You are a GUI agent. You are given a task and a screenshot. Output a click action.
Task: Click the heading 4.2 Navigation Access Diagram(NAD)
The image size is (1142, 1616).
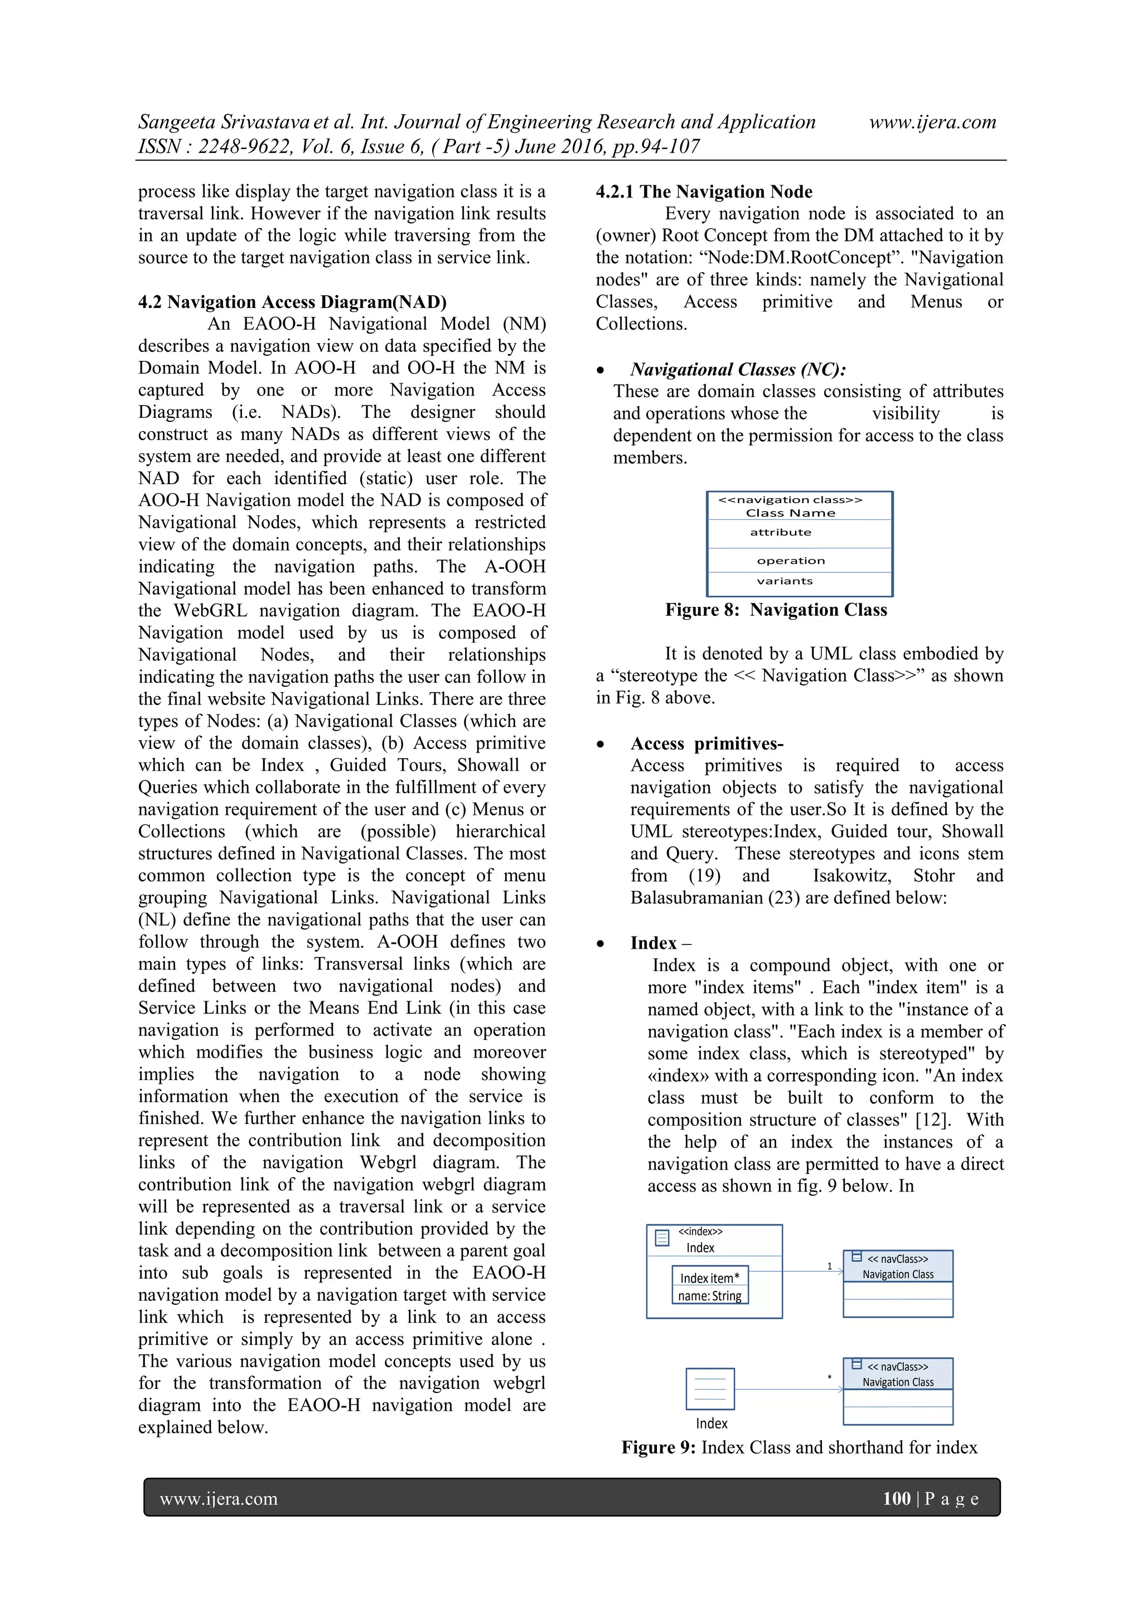[x=292, y=302]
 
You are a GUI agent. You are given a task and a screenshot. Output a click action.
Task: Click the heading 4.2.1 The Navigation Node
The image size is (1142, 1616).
[x=704, y=191]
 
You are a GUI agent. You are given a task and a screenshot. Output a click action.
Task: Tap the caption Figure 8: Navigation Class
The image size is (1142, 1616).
[x=776, y=610]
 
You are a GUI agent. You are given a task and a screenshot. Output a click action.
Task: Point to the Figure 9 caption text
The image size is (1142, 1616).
[x=799, y=1447]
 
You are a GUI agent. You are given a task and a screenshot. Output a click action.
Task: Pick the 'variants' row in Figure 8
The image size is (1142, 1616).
[x=785, y=581]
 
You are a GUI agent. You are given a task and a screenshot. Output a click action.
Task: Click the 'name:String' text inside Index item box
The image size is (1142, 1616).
[x=709, y=1296]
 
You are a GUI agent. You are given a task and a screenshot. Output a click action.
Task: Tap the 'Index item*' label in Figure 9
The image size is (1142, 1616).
[x=709, y=1277]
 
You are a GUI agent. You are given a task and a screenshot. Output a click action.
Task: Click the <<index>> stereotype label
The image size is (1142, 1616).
[x=700, y=1231]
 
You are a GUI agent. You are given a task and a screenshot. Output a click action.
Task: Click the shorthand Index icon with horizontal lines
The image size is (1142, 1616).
[x=710, y=1388]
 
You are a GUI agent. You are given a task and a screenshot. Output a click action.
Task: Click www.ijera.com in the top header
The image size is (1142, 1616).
[x=932, y=122]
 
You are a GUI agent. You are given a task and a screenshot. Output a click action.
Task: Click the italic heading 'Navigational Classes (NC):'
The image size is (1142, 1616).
[x=737, y=369]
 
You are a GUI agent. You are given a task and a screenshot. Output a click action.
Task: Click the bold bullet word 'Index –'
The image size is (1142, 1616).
[x=660, y=943]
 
